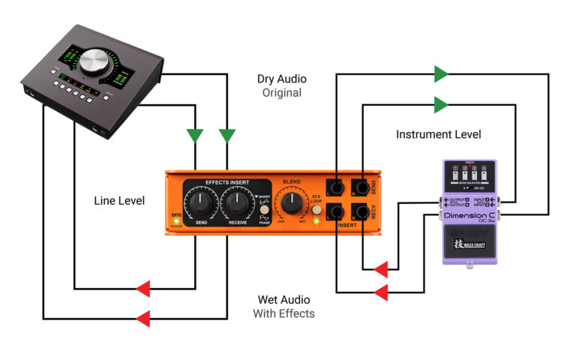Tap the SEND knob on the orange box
[202, 201]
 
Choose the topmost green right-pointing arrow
[442, 73]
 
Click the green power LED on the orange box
[176, 220]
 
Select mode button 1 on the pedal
[454, 175]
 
